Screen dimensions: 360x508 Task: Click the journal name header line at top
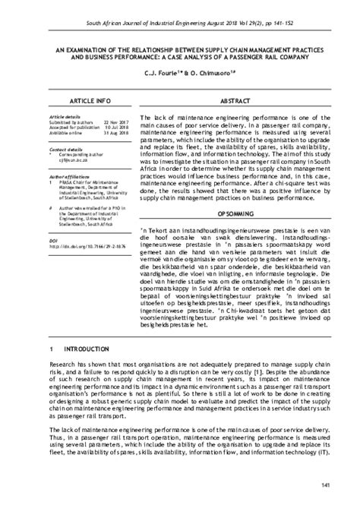coord(180,8)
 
